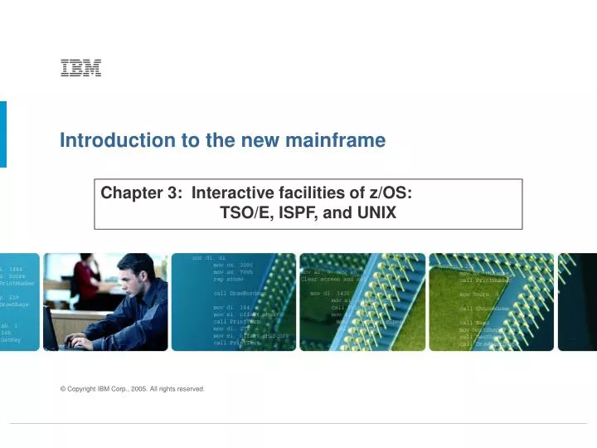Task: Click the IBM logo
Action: click(80, 69)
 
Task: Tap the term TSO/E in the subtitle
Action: click(242, 213)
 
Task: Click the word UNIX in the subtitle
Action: click(376, 213)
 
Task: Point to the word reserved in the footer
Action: click(191, 388)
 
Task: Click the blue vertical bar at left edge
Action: click(2, 134)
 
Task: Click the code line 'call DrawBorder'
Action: click(237, 294)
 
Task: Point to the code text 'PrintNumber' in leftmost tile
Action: click(16, 283)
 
